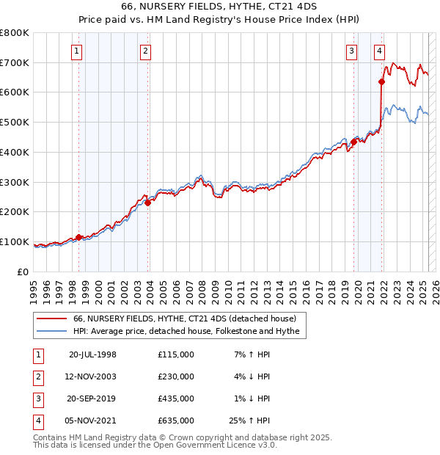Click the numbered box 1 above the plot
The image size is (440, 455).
click(77, 51)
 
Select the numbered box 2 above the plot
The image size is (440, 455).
click(146, 51)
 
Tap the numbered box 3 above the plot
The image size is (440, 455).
click(352, 51)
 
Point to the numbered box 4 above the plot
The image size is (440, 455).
click(379, 51)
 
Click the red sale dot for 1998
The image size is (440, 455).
click(78, 237)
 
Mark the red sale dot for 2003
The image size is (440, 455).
click(147, 203)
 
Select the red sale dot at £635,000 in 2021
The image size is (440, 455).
click(382, 81)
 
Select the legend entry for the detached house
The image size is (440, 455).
click(184, 318)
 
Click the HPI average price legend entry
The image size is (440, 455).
click(186, 332)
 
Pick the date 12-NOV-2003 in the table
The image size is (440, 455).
click(92, 376)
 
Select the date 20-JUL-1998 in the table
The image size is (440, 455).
click(92, 354)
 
